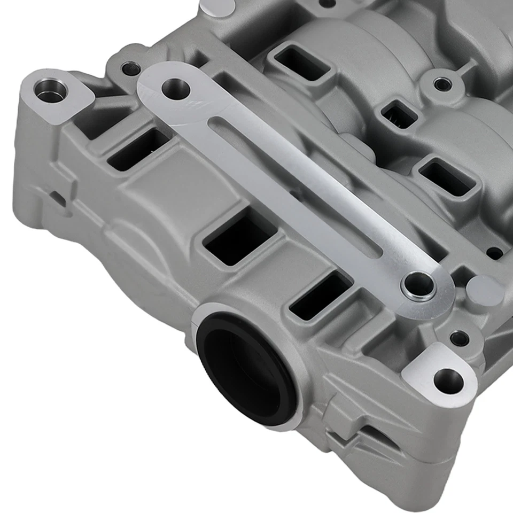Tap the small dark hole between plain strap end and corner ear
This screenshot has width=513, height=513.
click(130, 68)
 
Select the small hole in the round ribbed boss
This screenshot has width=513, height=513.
click(442, 84)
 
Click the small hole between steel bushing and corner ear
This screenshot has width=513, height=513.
click(459, 338)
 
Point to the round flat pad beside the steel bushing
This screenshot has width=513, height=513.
click(484, 291)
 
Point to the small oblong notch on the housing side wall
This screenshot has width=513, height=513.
click(58, 199)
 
